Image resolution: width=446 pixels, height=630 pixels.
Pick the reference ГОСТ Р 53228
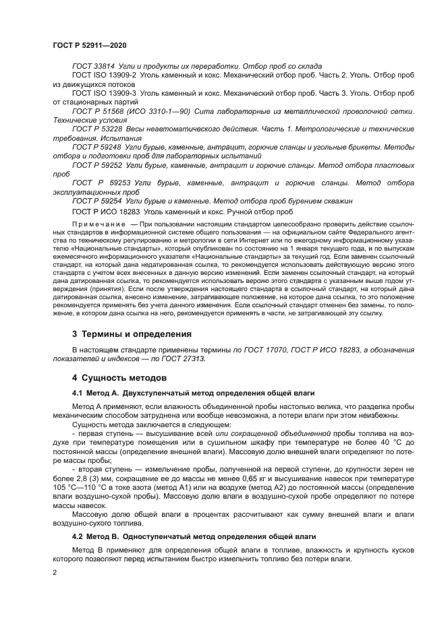pos(98,128)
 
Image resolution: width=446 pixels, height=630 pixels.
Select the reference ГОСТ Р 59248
pos(98,146)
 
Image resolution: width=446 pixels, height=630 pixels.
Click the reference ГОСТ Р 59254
pos(98,200)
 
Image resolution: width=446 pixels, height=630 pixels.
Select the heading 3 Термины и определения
pos(132,334)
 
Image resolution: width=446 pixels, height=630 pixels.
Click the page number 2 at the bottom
pos(53,571)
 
